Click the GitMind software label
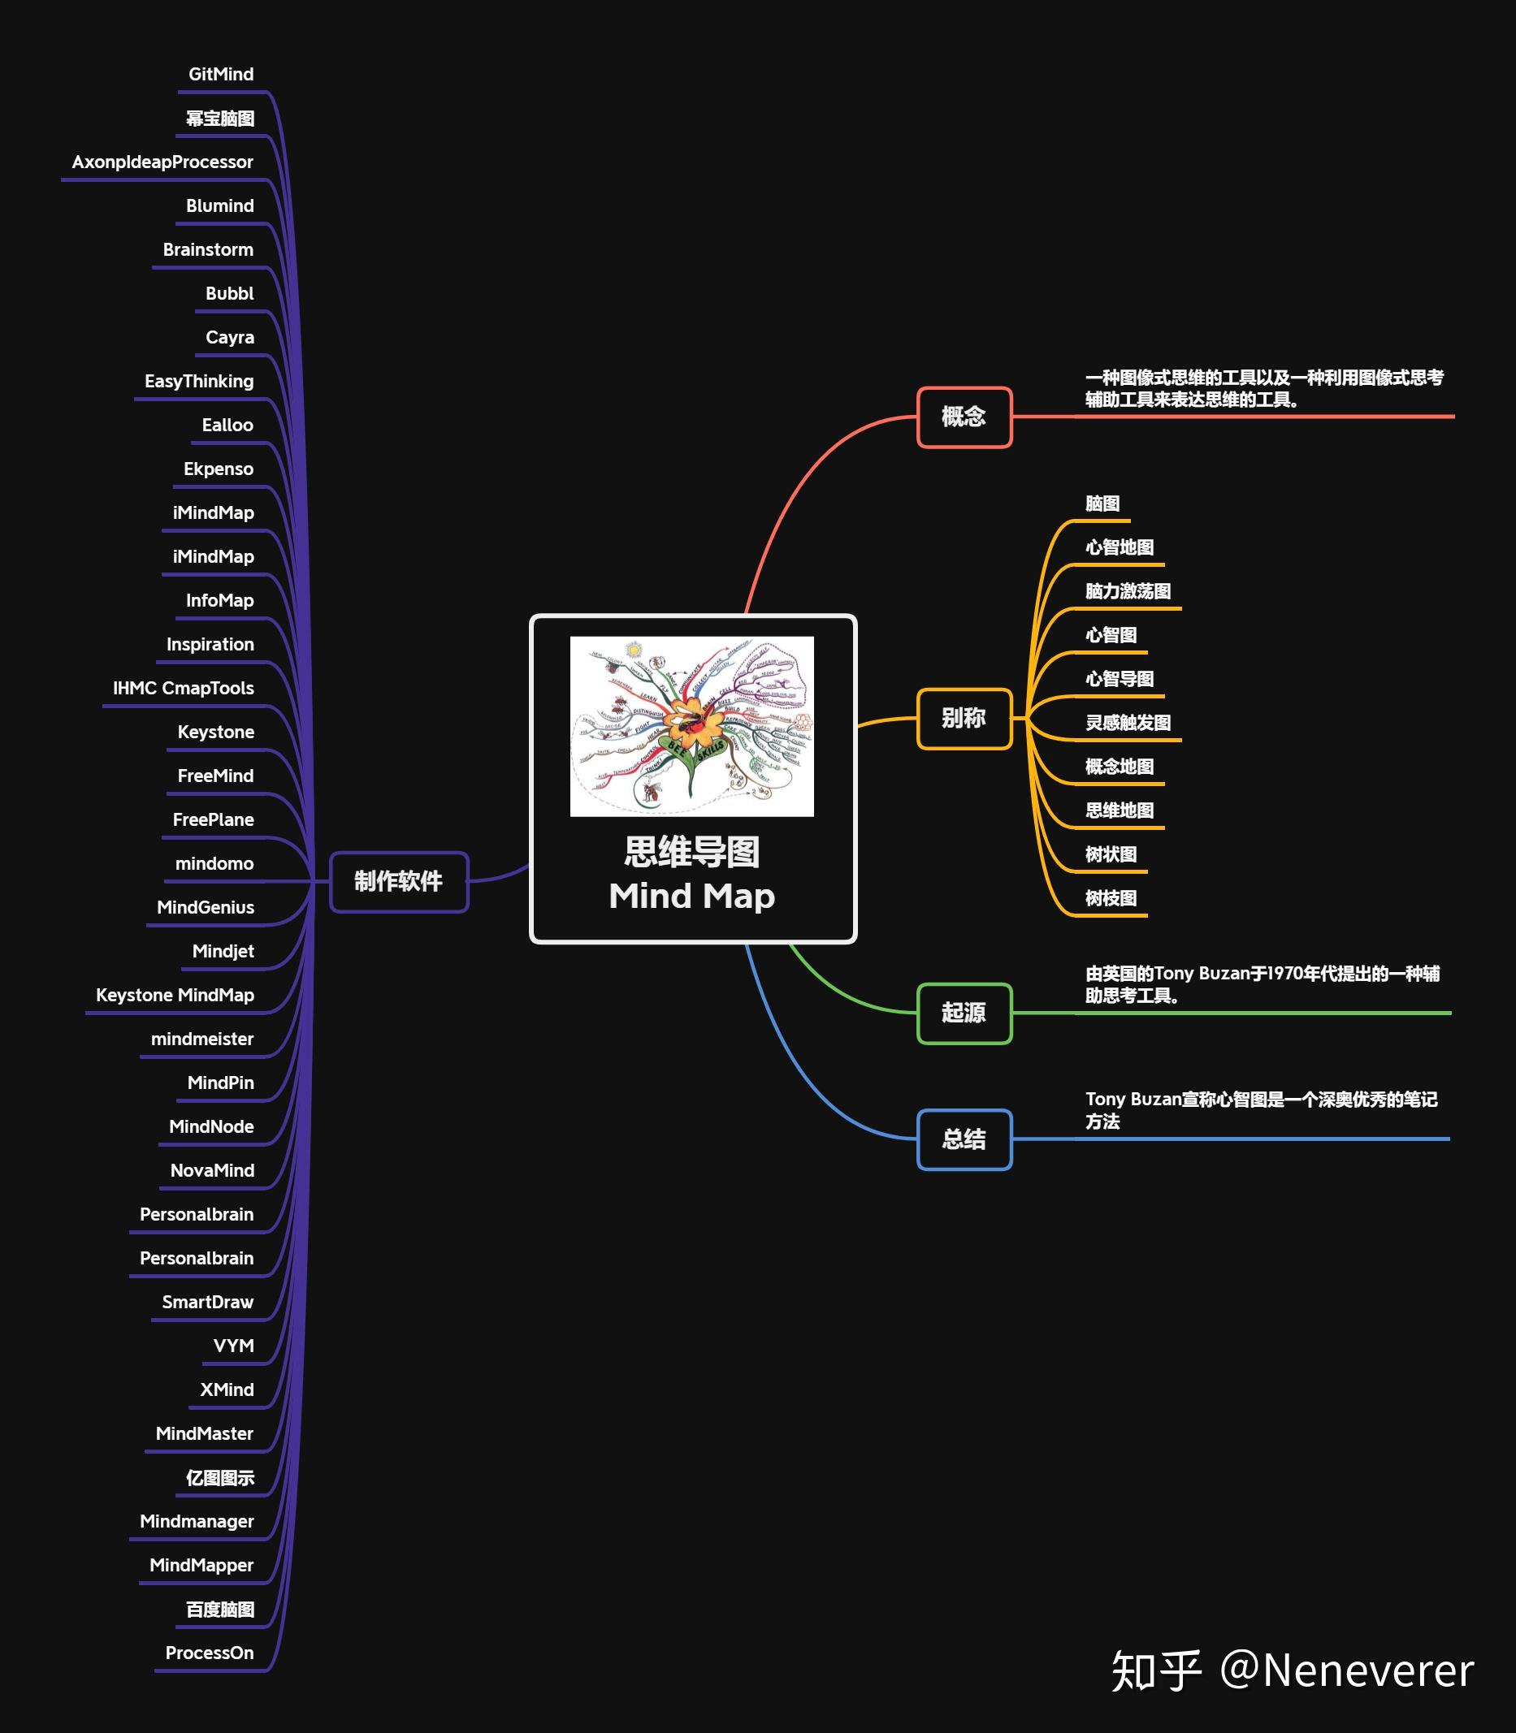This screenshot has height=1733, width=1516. coord(221,75)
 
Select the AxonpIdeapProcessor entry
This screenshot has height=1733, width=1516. coord(162,162)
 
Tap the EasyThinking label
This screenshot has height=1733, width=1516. coord(199,382)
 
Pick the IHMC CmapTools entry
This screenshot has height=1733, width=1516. coord(184,689)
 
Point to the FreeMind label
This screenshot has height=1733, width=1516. coord(216,776)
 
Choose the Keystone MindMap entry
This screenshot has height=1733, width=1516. coord(175,996)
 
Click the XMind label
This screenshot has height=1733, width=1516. coord(227,1389)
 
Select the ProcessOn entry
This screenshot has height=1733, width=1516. coord(210,1653)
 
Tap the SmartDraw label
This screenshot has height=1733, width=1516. coord(208,1302)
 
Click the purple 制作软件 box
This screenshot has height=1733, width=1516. coord(398,881)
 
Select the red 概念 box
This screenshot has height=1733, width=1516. coord(964,417)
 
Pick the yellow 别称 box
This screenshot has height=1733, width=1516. coord(964,719)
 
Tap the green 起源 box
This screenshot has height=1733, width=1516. coord(964,1013)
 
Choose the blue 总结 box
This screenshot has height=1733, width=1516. coord(964,1139)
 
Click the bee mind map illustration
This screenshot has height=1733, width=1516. coord(692,726)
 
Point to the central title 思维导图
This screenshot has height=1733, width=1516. coord(692,853)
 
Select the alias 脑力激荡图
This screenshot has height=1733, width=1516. coord(1128,591)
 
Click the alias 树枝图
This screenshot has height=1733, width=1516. coord(1111,898)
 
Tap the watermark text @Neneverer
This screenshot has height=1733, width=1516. coord(1347,1670)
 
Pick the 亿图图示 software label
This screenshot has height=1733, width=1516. coord(220,1477)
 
